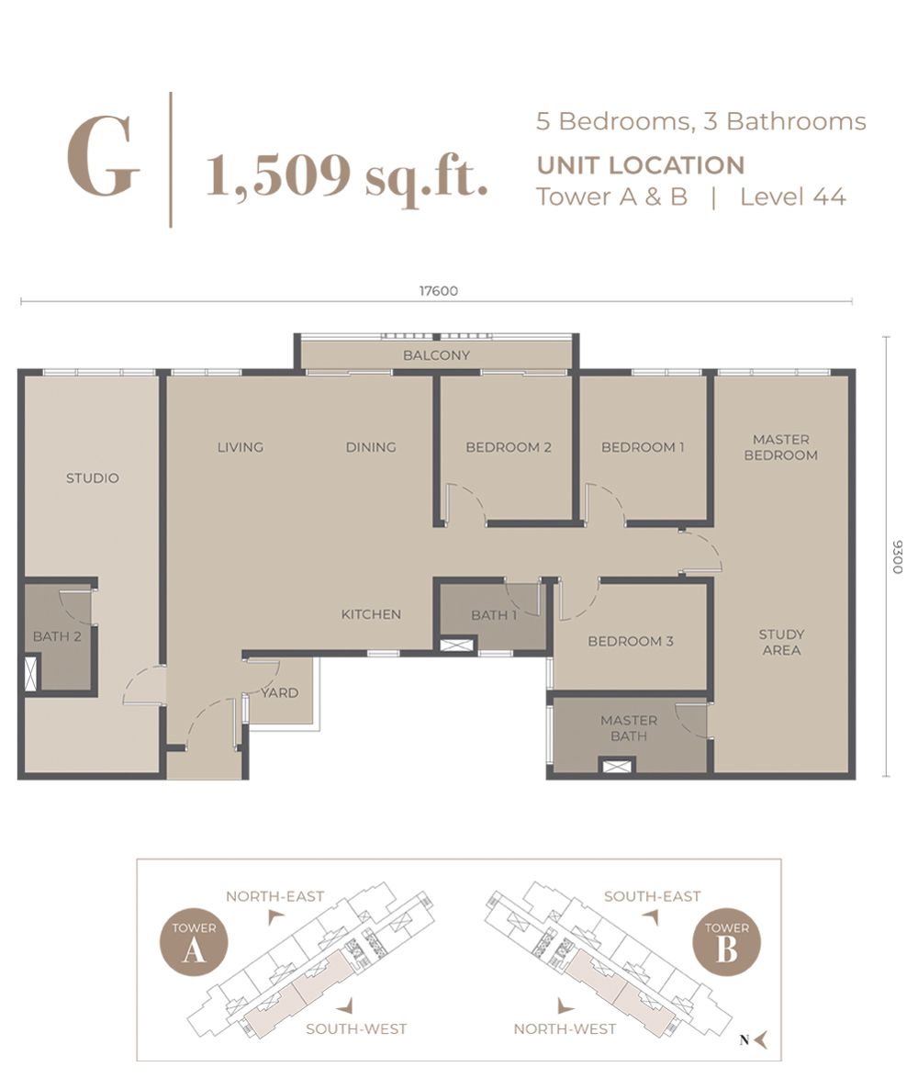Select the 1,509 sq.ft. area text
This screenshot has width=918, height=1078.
click(347, 174)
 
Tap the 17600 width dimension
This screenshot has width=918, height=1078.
click(438, 291)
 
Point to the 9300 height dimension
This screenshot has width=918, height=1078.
click(896, 556)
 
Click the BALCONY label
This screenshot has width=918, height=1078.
click(436, 355)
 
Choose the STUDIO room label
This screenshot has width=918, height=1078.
click(92, 478)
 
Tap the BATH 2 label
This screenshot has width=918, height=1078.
click(57, 636)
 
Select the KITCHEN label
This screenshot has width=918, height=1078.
click(371, 614)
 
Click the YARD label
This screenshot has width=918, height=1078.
click(280, 692)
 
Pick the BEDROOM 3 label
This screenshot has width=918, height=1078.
click(631, 641)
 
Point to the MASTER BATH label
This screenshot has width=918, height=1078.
click(629, 728)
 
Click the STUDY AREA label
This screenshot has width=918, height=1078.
click(781, 642)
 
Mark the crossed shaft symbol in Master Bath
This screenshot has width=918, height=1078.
click(616, 766)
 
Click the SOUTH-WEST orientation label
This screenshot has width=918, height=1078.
click(356, 1029)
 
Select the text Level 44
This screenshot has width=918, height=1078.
click(792, 197)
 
